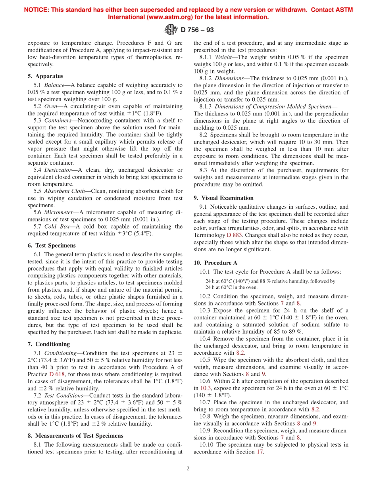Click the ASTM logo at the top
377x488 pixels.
pyautogui.click(x=171, y=29)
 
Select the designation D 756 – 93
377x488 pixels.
pyautogui.click(x=197, y=30)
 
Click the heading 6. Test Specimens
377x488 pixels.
pyautogui.click(x=52, y=246)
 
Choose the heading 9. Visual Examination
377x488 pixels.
pyautogui.click(x=223, y=198)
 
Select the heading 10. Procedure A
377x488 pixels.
pyautogui.click(x=215, y=263)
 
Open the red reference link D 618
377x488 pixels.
pyautogui.click(x=56, y=374)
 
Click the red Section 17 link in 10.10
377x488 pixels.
pyautogui.click(x=260, y=452)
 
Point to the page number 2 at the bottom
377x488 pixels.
pyautogui.click(x=188, y=468)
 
